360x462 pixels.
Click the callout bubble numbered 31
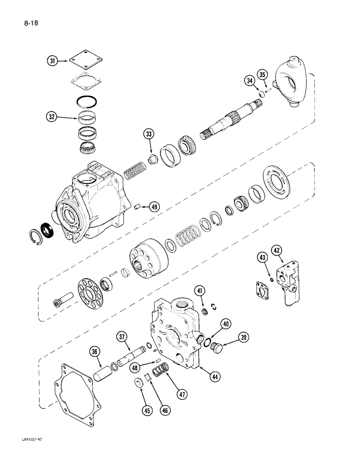pos(53,61)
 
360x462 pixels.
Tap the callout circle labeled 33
pos(149,135)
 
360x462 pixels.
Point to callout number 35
pos(262,75)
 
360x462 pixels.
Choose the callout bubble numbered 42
pos(276,251)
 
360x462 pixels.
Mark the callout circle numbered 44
pos(214,377)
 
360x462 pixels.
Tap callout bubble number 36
pos(95,352)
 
